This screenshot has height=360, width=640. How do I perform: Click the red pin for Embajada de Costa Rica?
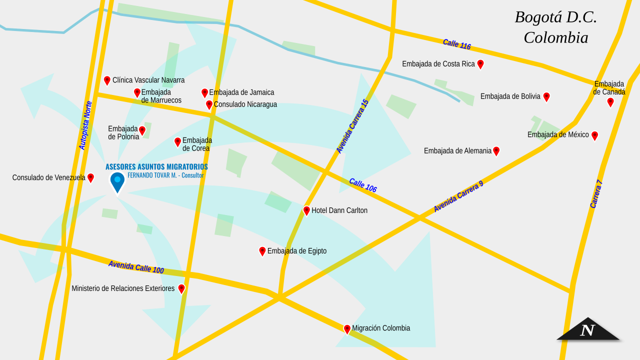(x=480, y=64)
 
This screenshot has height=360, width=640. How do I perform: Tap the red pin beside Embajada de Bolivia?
(x=546, y=96)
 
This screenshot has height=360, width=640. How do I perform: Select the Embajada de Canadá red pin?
(x=610, y=102)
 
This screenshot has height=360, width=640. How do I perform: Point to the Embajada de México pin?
(x=594, y=135)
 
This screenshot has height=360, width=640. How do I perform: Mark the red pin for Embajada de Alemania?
(x=496, y=150)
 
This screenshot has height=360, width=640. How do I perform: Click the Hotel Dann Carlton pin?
(x=306, y=210)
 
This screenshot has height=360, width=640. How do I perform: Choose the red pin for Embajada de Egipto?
(x=262, y=251)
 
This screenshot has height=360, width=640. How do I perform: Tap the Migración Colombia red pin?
(x=347, y=329)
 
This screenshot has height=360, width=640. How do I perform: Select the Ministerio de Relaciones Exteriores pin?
(x=181, y=288)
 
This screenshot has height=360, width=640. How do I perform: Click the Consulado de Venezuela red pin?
(x=90, y=177)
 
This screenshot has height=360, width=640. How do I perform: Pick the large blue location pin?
(x=117, y=181)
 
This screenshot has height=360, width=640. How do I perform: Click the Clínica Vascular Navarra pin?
(x=107, y=80)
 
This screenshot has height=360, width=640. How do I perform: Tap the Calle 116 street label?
(x=457, y=44)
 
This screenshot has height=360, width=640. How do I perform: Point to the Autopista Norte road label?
(x=85, y=125)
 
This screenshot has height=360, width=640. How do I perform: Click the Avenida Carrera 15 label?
(x=352, y=126)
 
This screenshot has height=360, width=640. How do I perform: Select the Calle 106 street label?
(x=363, y=185)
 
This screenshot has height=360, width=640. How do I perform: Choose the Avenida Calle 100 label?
(x=136, y=267)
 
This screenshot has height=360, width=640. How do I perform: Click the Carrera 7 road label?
(x=596, y=194)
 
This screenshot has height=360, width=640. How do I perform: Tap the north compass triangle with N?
(x=588, y=330)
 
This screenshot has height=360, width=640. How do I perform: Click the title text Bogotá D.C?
(x=556, y=17)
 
